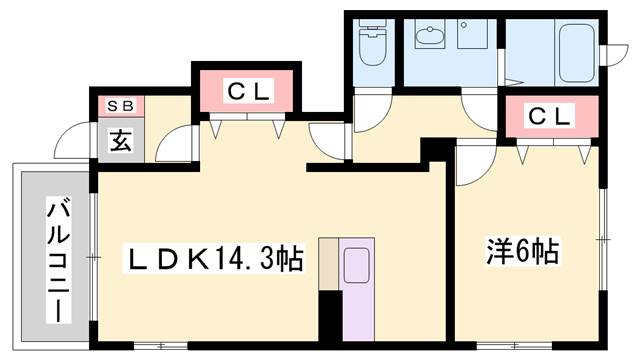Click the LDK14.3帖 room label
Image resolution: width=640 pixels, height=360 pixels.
[214, 258]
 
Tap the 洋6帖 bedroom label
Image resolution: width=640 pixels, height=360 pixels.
[523, 251]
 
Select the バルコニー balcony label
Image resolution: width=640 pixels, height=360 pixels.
[58, 260]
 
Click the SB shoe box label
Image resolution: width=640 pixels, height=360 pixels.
[120, 106]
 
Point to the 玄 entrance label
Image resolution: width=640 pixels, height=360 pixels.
[120, 141]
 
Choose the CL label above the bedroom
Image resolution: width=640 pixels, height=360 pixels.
[549, 116]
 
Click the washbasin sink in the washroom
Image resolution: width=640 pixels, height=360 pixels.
[429, 35]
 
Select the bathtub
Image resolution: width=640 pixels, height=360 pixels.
[576, 53]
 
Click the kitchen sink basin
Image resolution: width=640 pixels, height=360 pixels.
[356, 266]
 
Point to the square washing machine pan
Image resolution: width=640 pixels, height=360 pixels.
[472, 34]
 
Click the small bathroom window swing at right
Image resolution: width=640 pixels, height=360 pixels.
[616, 54]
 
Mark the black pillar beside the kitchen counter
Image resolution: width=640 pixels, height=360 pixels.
[330, 316]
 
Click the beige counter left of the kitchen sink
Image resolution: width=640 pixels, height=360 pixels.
[328, 264]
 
